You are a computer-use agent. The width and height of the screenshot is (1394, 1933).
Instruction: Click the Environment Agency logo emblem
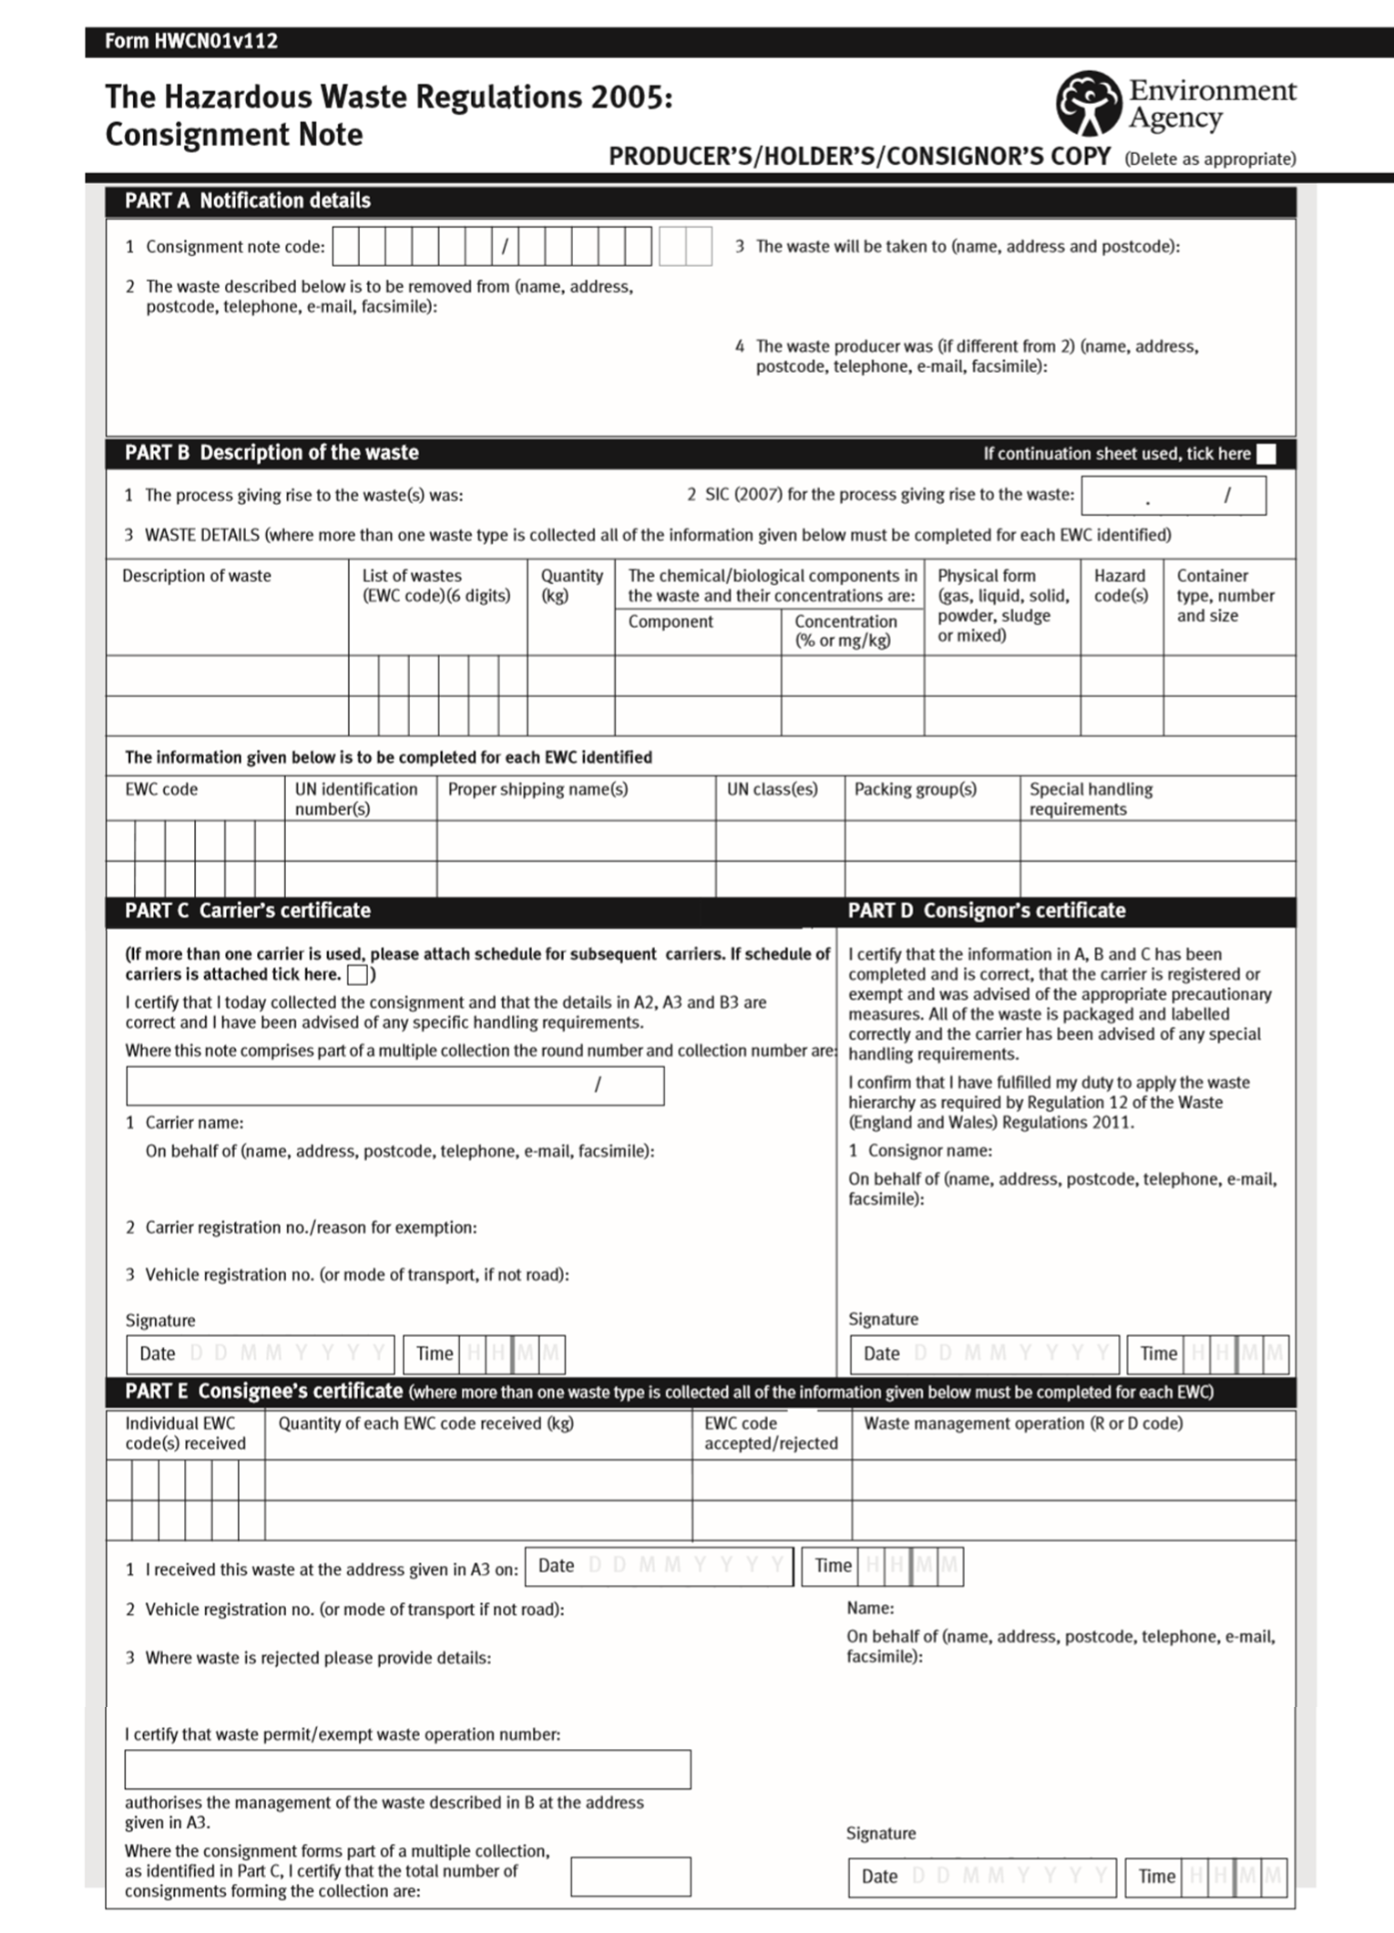(x=1088, y=104)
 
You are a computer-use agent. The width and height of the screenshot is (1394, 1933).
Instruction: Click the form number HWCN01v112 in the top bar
(x=190, y=41)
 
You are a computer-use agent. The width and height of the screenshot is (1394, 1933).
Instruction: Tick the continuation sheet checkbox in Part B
(x=1266, y=454)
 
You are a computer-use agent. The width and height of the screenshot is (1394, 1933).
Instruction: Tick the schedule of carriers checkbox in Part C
(x=358, y=975)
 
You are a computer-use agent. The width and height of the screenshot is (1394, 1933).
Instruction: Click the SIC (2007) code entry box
(x=1173, y=496)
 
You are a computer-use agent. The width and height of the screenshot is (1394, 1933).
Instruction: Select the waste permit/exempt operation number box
(x=407, y=1769)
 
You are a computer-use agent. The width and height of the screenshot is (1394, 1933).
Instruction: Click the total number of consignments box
(x=630, y=1876)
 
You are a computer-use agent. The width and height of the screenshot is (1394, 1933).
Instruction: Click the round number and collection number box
(x=395, y=1085)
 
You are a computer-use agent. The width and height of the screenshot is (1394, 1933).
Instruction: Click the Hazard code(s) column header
(x=1121, y=586)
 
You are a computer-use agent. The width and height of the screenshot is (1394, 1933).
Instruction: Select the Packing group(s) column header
(x=915, y=789)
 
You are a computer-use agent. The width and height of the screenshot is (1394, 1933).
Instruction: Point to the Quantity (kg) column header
(x=571, y=586)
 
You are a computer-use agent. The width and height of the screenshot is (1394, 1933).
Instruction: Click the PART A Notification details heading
(x=248, y=200)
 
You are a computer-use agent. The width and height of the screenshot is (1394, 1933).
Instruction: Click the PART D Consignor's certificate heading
(x=986, y=910)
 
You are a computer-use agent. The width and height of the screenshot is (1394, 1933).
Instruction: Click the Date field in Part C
(x=261, y=1353)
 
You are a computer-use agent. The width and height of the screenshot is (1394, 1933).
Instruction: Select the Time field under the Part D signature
(x=1207, y=1353)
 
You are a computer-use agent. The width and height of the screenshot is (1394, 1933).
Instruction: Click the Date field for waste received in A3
(x=659, y=1566)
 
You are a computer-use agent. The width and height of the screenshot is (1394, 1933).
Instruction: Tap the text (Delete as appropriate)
(x=1209, y=159)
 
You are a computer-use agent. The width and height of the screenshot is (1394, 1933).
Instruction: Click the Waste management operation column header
(x=1022, y=1424)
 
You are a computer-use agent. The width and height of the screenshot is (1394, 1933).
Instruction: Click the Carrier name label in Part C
(x=194, y=1123)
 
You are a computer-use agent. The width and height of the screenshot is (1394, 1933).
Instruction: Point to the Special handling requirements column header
(x=1091, y=799)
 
